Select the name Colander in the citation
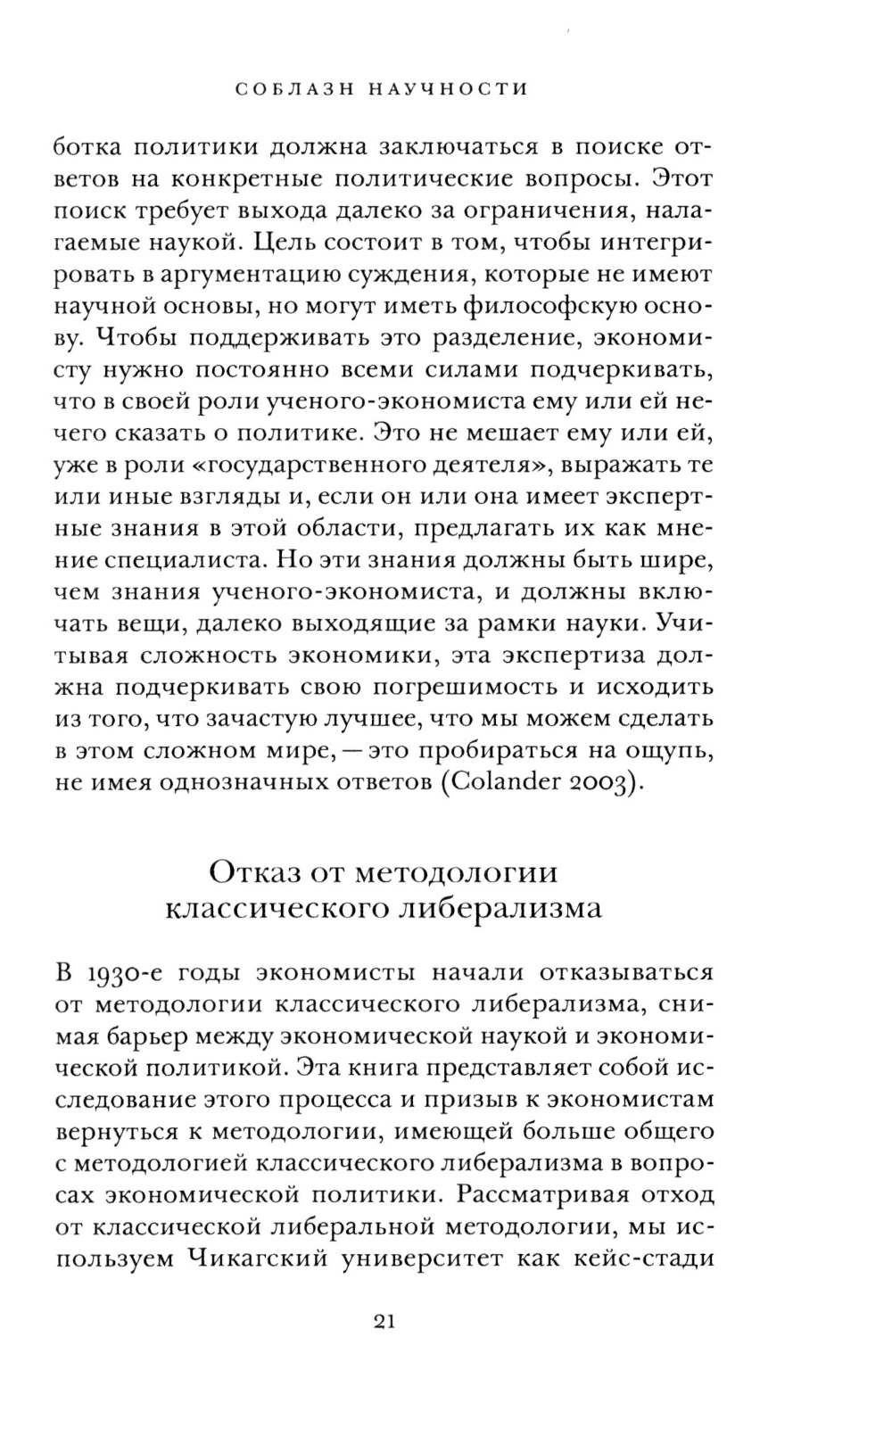(x=506, y=783)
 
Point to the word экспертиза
(x=557, y=656)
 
